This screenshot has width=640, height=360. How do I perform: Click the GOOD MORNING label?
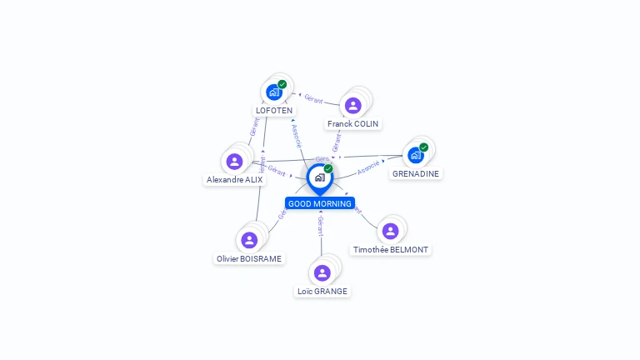(320, 203)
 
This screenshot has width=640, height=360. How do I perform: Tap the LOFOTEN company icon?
(273, 92)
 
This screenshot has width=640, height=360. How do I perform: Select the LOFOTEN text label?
(274, 110)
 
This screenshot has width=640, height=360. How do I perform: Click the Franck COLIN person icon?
(352, 105)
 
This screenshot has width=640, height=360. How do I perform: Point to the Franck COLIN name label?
(352, 123)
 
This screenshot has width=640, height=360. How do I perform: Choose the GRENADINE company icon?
(415, 155)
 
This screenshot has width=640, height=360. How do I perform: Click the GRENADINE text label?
(416, 174)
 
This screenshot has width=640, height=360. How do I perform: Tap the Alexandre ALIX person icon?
(234, 161)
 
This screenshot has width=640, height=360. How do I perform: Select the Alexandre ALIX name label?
(234, 179)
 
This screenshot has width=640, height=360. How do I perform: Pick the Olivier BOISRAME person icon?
(249, 240)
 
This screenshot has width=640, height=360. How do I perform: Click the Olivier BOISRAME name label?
(249, 258)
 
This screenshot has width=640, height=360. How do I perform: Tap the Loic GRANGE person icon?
(322, 272)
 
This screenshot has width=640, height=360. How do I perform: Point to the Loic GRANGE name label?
(322, 291)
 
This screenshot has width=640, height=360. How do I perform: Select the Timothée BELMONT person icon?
(390, 231)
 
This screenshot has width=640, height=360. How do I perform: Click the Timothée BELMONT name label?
(390, 249)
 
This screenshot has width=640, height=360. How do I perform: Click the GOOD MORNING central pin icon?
(319, 177)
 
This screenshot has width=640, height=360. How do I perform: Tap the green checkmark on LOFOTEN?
(282, 84)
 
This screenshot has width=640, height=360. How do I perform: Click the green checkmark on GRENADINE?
(424, 147)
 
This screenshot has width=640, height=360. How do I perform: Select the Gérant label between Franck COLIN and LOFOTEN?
(313, 99)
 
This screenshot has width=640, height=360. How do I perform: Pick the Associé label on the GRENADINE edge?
(367, 167)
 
